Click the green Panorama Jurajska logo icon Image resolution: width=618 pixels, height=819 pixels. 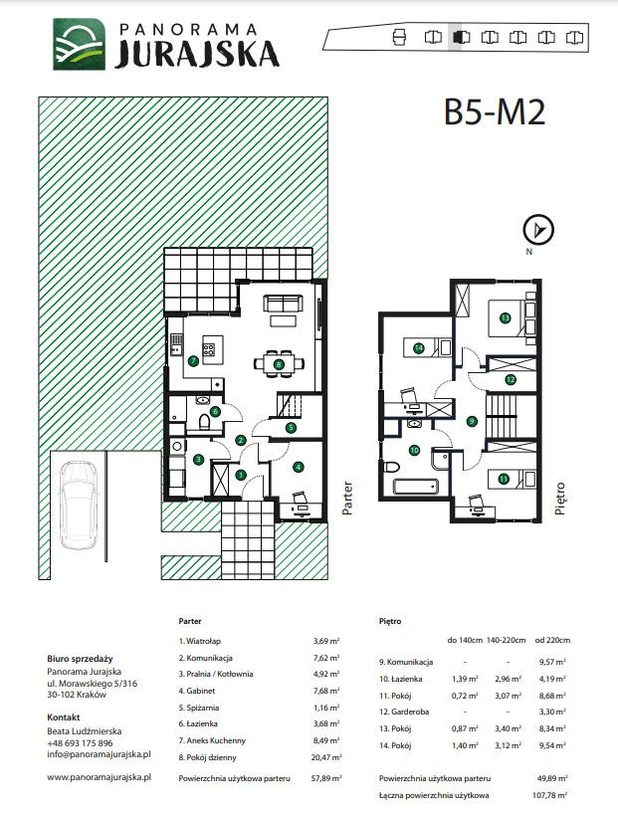[x=79, y=45]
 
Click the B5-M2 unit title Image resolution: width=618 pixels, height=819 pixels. [x=495, y=111]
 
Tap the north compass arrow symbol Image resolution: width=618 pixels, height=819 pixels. [x=538, y=230]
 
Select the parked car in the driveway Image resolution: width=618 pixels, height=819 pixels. [x=79, y=505]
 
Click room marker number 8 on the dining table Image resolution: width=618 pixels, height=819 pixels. [x=279, y=365]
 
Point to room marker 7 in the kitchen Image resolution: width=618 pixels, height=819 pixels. [x=193, y=360]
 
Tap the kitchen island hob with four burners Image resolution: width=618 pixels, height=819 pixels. [x=209, y=349]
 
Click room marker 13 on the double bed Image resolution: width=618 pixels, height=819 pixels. [x=505, y=317]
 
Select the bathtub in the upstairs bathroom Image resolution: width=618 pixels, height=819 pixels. [x=415, y=488]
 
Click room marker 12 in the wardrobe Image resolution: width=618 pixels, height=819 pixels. [x=511, y=380]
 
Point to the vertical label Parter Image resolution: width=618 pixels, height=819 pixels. [x=348, y=499]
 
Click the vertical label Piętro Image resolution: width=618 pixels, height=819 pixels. [x=560, y=499]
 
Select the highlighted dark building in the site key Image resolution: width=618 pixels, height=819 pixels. [x=461, y=38]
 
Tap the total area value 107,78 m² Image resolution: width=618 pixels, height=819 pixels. [x=552, y=795]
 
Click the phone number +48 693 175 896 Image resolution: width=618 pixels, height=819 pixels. [x=80, y=742]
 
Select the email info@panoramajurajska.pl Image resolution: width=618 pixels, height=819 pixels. [x=100, y=754]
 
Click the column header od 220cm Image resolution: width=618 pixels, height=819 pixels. [x=552, y=639]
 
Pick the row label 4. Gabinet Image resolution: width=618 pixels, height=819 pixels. [x=197, y=691]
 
